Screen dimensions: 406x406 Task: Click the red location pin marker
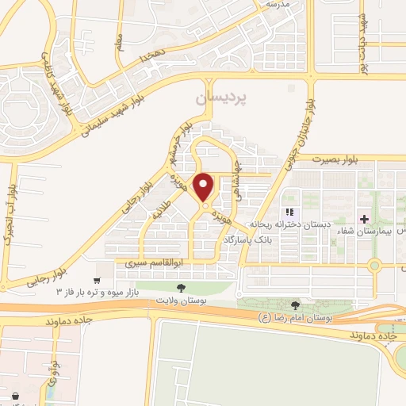tap(204, 188)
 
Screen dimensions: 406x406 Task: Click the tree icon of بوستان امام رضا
tap(295, 305)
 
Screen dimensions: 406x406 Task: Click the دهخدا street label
tap(151, 58)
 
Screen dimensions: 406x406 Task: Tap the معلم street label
tap(119, 39)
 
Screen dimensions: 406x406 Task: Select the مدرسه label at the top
tap(275, 4)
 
